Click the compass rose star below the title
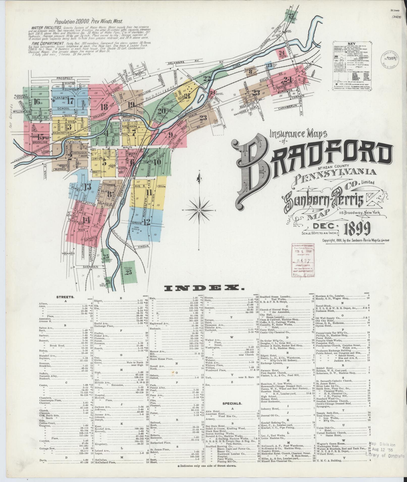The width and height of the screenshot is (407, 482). click(199, 210)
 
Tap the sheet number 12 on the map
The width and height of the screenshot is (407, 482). click(147, 222)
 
